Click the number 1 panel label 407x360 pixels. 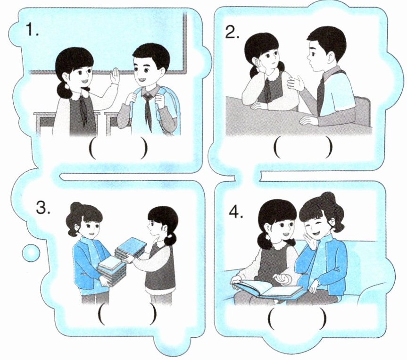pos(33,30)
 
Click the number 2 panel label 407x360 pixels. pos(233,33)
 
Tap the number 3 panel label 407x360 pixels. pos(43,208)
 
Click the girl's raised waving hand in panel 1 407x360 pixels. pos(115,76)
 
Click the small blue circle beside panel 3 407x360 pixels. pos(31,252)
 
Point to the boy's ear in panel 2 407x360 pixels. pos(330,58)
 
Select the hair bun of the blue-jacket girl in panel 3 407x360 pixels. pos(75,207)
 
